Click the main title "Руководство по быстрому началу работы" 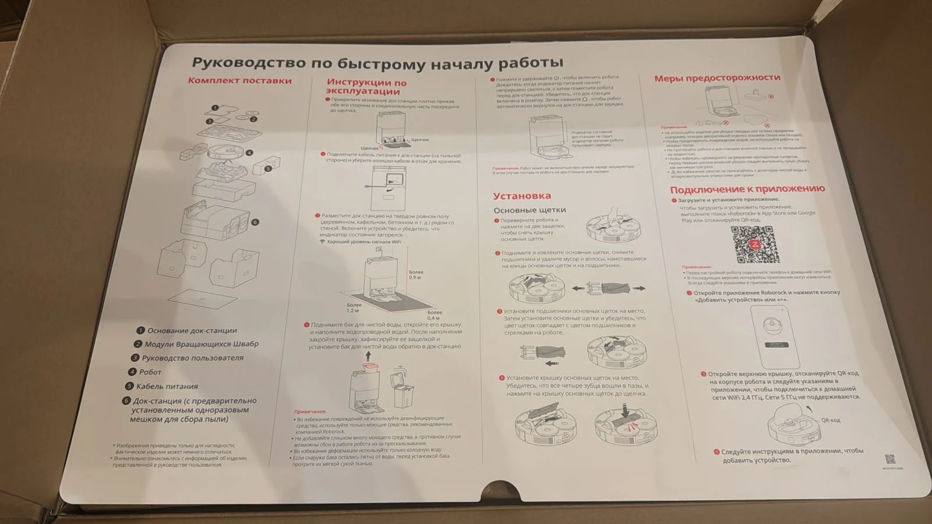coord(378,62)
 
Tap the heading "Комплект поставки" coord(239,81)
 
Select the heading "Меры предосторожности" coord(716,78)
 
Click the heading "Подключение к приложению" coord(747,189)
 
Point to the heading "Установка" coord(521,196)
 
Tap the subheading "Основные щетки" coord(529,210)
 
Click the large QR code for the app coord(755,245)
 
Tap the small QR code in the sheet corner coord(889,459)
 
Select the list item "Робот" coord(150,372)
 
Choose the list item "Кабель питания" coord(167,386)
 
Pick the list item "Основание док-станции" coord(192,331)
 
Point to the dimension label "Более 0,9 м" coord(416,275)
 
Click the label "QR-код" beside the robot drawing coord(831,420)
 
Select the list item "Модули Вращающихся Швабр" coord(201,344)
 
